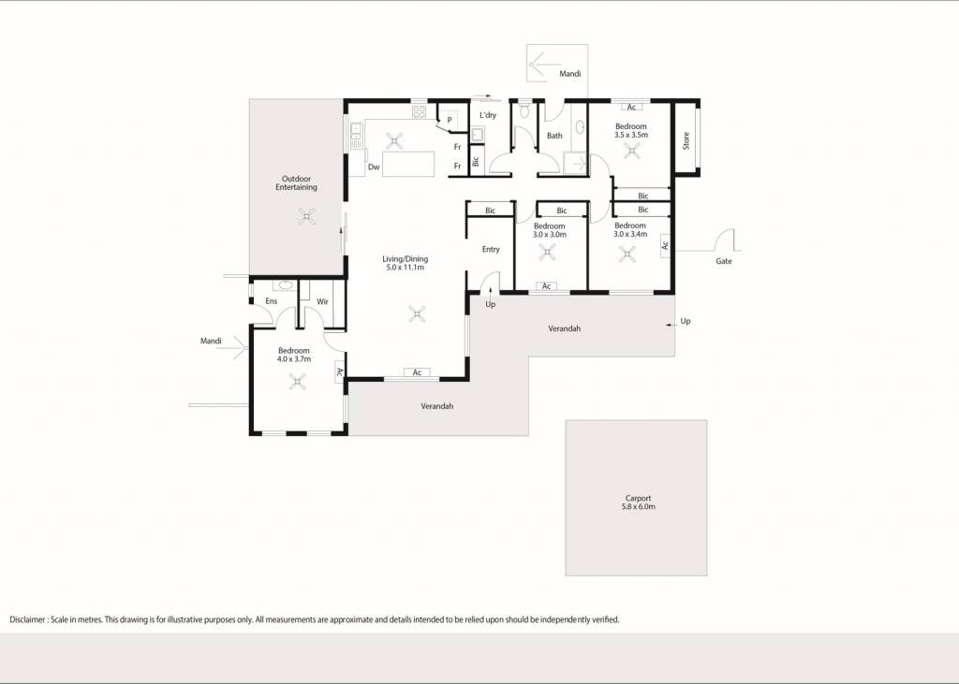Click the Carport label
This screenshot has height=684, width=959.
click(x=638, y=498)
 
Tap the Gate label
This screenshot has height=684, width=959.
click(x=724, y=261)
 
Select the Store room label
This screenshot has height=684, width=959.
click(x=686, y=140)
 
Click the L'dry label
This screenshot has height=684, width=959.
click(x=487, y=115)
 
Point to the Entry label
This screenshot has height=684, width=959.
click(x=491, y=250)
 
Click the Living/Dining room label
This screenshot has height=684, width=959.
click(x=405, y=259)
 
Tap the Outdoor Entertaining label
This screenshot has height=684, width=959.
click(x=296, y=183)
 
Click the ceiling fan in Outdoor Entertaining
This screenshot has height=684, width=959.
click(x=306, y=216)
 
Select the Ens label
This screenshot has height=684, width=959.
click(x=271, y=301)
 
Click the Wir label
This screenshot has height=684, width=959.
click(x=322, y=302)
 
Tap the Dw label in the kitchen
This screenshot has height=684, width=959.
click(x=374, y=167)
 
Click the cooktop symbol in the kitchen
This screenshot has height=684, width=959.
click(x=419, y=111)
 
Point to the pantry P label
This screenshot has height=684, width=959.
click(x=450, y=121)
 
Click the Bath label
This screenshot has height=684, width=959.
click(x=554, y=136)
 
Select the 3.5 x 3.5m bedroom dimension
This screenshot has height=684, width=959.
click(x=631, y=135)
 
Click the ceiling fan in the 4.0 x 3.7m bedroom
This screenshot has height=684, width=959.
click(x=298, y=382)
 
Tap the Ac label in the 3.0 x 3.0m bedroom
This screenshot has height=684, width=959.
click(x=547, y=286)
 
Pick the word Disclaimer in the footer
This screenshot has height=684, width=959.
click(x=27, y=619)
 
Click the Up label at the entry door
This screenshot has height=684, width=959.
click(x=491, y=304)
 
